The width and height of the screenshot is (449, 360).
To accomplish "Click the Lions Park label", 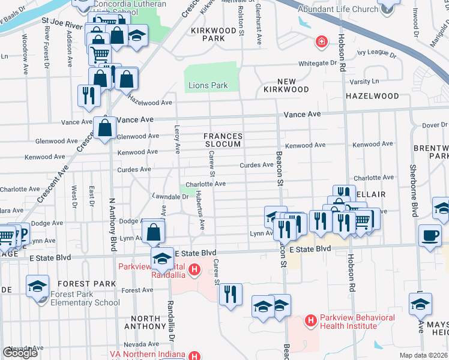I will click(x=208, y=86).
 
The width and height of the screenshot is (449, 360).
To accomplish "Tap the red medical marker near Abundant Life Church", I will click(x=322, y=41).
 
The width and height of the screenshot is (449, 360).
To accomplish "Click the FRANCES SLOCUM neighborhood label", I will click(x=222, y=140).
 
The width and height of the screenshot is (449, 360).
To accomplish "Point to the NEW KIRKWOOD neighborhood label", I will click(x=286, y=85).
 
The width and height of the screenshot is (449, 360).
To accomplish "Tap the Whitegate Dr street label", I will click(x=318, y=63).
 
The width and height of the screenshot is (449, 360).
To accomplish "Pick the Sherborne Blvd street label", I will click(x=413, y=186).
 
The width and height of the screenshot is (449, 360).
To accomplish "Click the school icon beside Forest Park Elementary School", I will click(x=37, y=287).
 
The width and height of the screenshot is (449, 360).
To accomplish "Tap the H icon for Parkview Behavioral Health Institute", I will click(x=310, y=322).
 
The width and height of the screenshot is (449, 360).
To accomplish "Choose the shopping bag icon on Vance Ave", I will click(x=105, y=128).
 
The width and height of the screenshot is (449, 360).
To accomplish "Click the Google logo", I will click(x=20, y=353).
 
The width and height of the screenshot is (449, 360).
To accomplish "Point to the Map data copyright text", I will click(x=423, y=355).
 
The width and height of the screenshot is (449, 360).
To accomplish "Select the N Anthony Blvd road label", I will click(x=112, y=222).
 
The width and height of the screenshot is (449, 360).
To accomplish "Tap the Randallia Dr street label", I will click(x=170, y=321).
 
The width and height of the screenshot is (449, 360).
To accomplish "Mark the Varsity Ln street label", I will click(x=367, y=81).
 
